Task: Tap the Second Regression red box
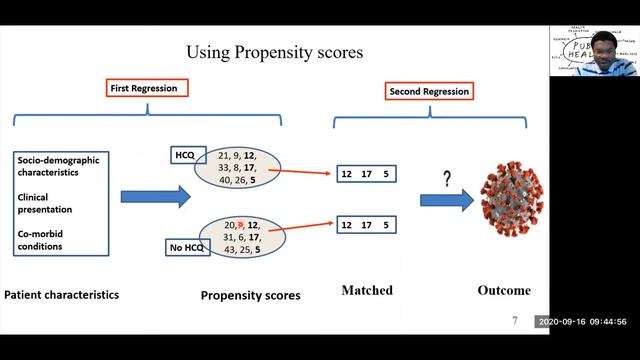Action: [x=428, y=92]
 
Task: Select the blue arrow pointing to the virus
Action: [x=447, y=200]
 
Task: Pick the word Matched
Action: [x=367, y=291]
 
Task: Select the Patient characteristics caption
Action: [x=62, y=295]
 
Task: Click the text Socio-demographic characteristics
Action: [x=59, y=165]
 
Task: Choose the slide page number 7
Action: [x=514, y=322]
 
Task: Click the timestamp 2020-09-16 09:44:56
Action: [x=581, y=322]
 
